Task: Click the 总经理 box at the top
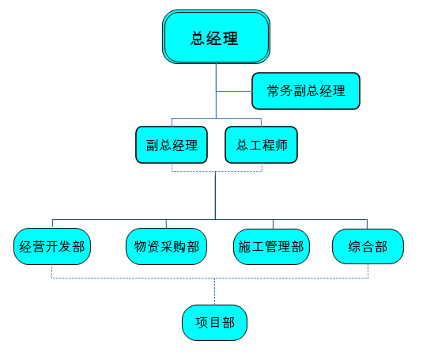point(216,37)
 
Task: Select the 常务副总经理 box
point(306,91)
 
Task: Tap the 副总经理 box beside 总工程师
point(172,145)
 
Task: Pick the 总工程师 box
point(262,145)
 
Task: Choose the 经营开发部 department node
point(52,246)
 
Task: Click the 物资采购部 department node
point(167,246)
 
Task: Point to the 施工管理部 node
point(271,247)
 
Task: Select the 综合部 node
point(368,246)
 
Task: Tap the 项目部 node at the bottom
point(215,323)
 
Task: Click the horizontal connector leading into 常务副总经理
point(234,92)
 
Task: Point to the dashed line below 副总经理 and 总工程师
point(217,171)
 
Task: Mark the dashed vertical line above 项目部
point(215,291)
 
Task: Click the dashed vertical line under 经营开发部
point(51,271)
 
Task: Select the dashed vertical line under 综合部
point(368,271)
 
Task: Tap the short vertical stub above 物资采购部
point(166,224)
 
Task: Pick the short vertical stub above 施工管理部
point(273,224)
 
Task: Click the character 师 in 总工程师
point(281,146)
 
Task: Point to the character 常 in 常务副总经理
point(273,91)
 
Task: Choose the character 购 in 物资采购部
point(180,247)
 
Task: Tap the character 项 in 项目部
point(202,323)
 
